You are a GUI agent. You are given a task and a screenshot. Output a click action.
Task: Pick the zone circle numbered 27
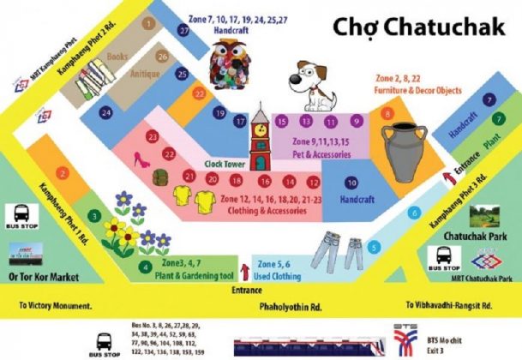[x=184, y=29]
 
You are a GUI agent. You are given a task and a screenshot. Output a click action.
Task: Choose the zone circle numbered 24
[x=106, y=112]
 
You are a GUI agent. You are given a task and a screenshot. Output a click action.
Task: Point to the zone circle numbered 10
[x=351, y=182]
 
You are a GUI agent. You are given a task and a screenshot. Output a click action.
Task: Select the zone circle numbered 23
[x=152, y=136]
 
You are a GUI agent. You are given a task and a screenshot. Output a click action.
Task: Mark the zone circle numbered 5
[x=374, y=247]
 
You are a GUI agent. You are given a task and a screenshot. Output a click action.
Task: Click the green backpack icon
[x=160, y=177]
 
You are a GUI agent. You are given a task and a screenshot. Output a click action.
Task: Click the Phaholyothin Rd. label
[x=291, y=305]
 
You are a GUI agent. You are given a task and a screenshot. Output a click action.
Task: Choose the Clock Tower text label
[x=225, y=163]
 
